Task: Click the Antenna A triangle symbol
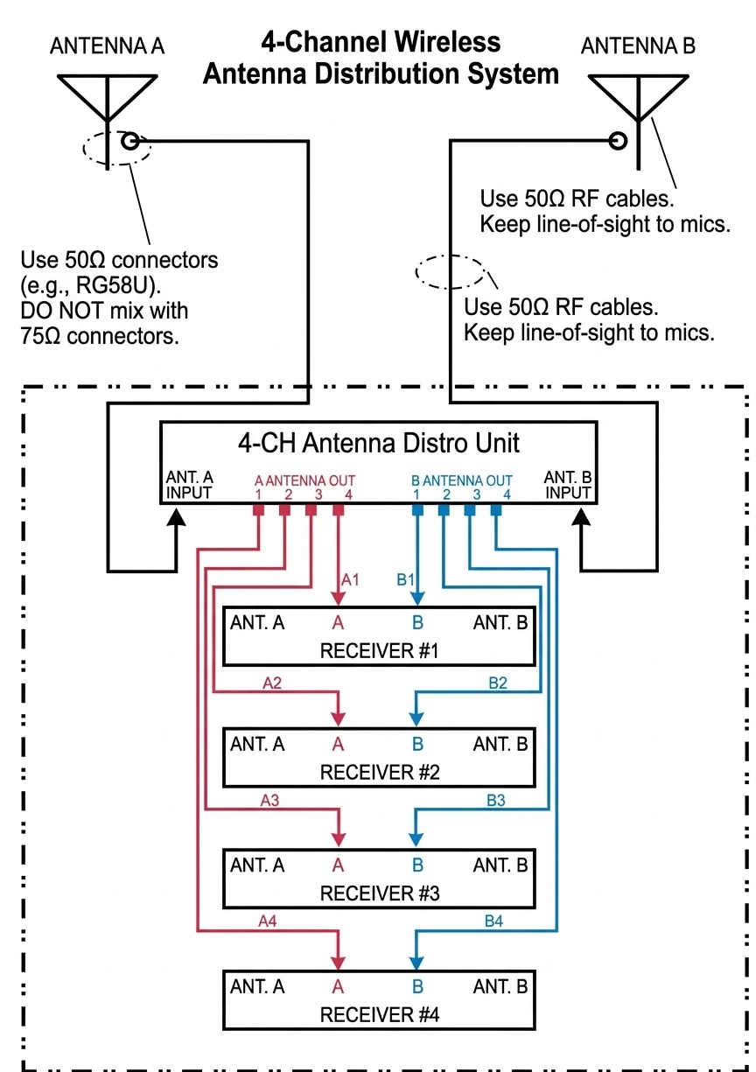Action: coord(106,93)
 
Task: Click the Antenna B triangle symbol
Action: coord(640,93)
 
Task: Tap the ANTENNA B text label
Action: coord(638,46)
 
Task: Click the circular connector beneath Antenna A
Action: coord(130,141)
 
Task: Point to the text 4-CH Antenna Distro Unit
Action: coord(378,442)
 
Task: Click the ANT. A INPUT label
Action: coord(189,485)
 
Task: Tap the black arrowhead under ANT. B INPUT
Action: coord(582,519)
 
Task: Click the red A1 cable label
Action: coord(350,579)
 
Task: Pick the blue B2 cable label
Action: coord(496,683)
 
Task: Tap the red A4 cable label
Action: coord(269,921)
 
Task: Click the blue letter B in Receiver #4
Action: coord(417,986)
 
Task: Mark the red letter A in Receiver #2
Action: coord(338,744)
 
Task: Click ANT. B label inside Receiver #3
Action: coord(500,865)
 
